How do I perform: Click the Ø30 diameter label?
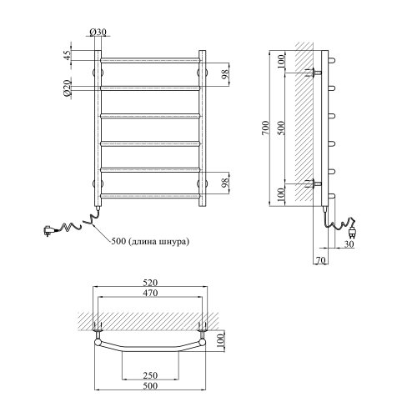click(x=98, y=33)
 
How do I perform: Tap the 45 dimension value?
click(x=68, y=55)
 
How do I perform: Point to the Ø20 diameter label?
click(x=68, y=88)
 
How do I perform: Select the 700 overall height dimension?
click(x=266, y=128)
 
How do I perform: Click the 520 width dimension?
click(x=150, y=283)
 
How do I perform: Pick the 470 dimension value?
click(x=150, y=293)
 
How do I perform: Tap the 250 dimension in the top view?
click(x=150, y=375)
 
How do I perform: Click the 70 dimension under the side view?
click(x=320, y=260)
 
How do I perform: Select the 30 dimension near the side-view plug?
click(x=349, y=244)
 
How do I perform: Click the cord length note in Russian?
click(x=150, y=241)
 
